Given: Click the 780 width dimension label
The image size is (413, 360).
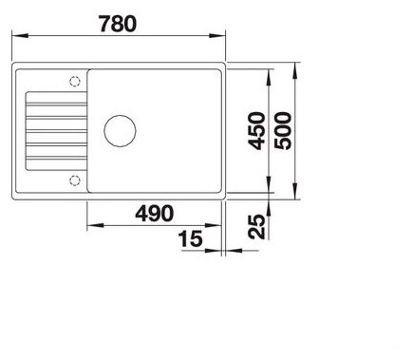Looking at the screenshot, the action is click(x=118, y=24).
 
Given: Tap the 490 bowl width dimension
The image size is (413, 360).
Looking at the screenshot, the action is click(x=155, y=214).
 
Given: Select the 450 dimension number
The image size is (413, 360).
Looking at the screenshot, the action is click(x=256, y=130).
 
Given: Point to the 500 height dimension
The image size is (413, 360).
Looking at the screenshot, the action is click(x=283, y=130).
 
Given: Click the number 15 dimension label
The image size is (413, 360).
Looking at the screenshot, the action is click(x=191, y=238).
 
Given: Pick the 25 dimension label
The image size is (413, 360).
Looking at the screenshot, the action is click(x=256, y=227).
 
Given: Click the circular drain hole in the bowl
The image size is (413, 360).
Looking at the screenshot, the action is click(x=120, y=131).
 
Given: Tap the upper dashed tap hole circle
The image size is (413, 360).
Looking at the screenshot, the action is click(x=75, y=82).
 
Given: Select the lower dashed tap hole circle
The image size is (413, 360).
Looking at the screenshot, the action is click(x=75, y=180).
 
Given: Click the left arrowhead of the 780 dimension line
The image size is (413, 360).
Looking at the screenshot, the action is click(x=20, y=35).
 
